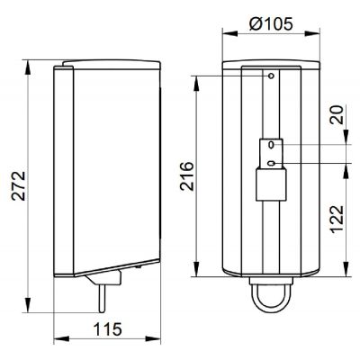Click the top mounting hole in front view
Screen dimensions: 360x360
click(271, 77)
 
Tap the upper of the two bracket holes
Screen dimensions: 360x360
click(271, 144)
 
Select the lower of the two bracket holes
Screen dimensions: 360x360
click(271, 163)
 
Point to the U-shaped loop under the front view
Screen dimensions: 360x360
click(271, 297)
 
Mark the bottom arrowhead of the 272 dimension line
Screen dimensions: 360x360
click(31, 303)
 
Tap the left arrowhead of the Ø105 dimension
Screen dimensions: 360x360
click(225, 35)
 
